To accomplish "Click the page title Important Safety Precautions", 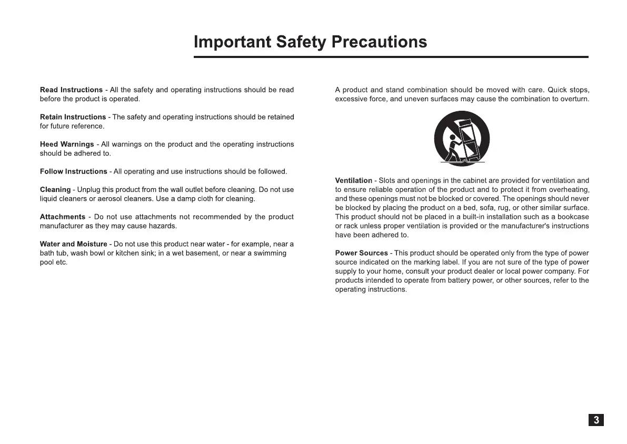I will tap(310, 42).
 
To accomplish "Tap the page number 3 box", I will tap(596, 420).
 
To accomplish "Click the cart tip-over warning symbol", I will tap(462, 139).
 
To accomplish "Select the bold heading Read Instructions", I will tap(71, 90).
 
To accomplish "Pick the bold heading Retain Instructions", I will tap(73, 117).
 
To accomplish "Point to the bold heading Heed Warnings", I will tap(67, 144).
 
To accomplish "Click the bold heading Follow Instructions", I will tap(73, 172).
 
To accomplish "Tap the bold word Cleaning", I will tap(55, 190).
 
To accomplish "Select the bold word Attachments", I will tap(62, 217).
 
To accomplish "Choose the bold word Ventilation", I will tap(353, 181).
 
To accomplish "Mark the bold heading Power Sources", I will tap(361, 254).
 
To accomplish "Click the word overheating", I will tap(570, 190).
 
